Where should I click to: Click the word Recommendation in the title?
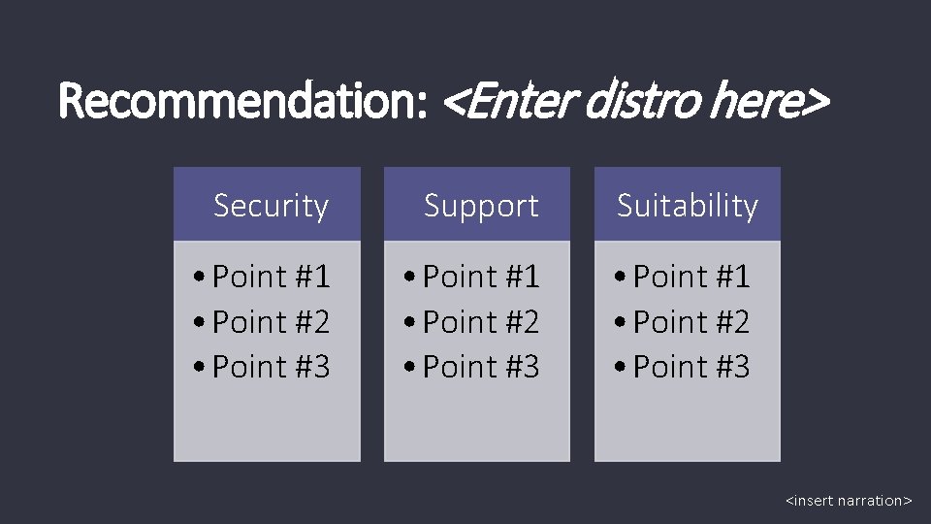click(242, 101)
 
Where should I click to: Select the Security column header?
click(271, 206)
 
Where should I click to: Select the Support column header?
click(481, 206)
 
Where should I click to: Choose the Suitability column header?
click(688, 206)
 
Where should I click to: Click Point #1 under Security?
click(271, 278)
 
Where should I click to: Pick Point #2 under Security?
click(271, 322)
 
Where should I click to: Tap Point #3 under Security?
click(271, 367)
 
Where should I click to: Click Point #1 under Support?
click(481, 278)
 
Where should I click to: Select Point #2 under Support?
click(481, 322)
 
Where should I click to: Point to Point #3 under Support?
click(481, 367)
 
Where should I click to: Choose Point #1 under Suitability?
click(691, 278)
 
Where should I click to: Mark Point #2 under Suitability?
click(691, 322)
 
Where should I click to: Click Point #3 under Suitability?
click(691, 367)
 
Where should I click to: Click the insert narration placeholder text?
click(849, 501)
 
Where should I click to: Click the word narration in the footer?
click(870, 501)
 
